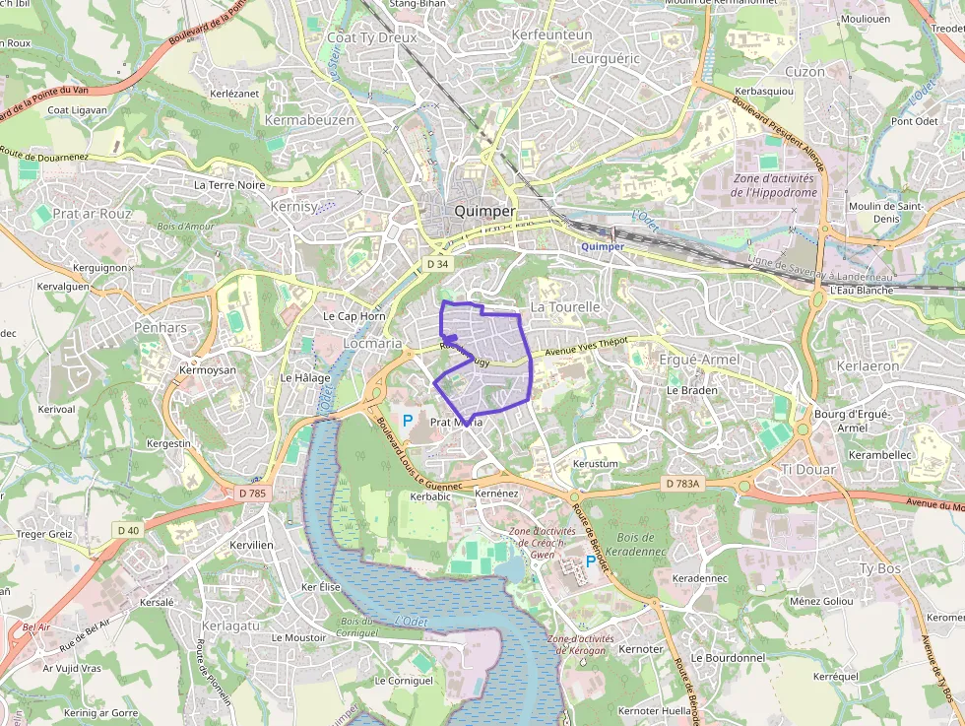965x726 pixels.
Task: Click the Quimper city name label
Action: coord(484,212)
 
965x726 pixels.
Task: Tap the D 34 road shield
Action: coord(437,264)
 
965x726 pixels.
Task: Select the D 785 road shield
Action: coord(252,493)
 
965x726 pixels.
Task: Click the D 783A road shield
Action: coord(681,484)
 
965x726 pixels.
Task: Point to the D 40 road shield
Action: coord(128,530)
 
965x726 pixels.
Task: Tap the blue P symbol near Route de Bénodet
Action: coord(591,561)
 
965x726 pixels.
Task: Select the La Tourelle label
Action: coord(565,307)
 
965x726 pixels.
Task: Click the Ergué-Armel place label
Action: coord(699,360)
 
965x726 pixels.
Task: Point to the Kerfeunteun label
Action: coord(552,34)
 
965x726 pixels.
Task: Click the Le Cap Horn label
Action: coord(354,316)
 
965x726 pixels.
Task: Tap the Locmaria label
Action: coord(372,344)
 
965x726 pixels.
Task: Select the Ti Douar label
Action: coord(808,470)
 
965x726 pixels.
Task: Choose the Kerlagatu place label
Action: coord(230,626)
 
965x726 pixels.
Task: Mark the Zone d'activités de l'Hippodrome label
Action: coord(774,185)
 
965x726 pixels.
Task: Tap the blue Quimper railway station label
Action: coord(603,246)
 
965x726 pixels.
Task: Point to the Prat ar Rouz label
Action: coord(92,214)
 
